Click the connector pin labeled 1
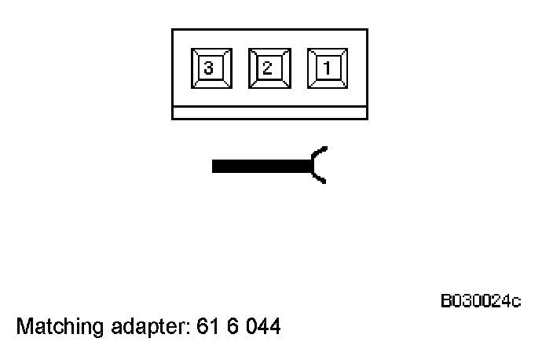coord(326,68)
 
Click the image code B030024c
coord(481,301)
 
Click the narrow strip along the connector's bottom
coord(269,112)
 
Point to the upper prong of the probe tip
coord(320,150)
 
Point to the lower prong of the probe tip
coord(320,180)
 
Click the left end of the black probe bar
coord(215,166)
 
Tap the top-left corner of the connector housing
coord(173,31)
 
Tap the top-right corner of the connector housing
coord(367,31)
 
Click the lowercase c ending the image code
coord(516,302)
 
